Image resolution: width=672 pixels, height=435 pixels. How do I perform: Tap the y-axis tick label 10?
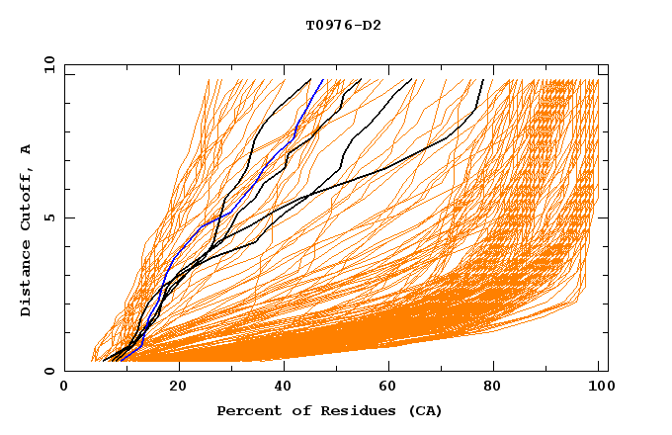tap(48, 64)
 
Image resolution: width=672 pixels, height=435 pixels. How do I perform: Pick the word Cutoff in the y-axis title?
tap(27, 198)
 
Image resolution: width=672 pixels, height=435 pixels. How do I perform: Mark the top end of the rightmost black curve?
tap(482, 79)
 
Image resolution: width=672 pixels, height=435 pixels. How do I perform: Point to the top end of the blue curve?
tap(323, 79)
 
